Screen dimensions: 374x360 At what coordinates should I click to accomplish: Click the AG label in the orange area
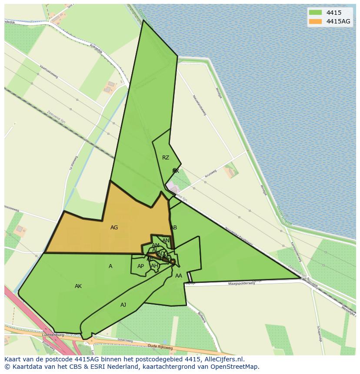[x=114, y=228]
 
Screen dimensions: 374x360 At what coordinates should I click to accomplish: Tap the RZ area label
[x=166, y=158]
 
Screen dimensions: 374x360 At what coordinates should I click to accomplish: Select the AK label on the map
[x=78, y=286]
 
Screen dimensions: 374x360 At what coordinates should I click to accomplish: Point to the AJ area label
[x=123, y=305]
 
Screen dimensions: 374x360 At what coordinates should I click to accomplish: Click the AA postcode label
[x=179, y=276]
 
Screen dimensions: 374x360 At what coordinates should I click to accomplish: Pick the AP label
[x=140, y=266]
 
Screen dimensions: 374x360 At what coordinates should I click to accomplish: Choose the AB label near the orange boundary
[x=173, y=228]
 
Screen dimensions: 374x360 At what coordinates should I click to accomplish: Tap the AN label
[x=166, y=241]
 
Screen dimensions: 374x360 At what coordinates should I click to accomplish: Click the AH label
[x=154, y=266]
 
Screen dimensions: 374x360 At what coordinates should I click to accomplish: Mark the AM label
[x=156, y=245]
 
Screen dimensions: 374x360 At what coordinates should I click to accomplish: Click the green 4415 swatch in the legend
[x=315, y=13]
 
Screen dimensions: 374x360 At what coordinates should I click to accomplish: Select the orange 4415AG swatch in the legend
[x=315, y=21]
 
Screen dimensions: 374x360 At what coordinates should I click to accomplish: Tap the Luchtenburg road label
[x=53, y=335]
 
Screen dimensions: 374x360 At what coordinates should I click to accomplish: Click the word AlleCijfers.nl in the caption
[x=223, y=360]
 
